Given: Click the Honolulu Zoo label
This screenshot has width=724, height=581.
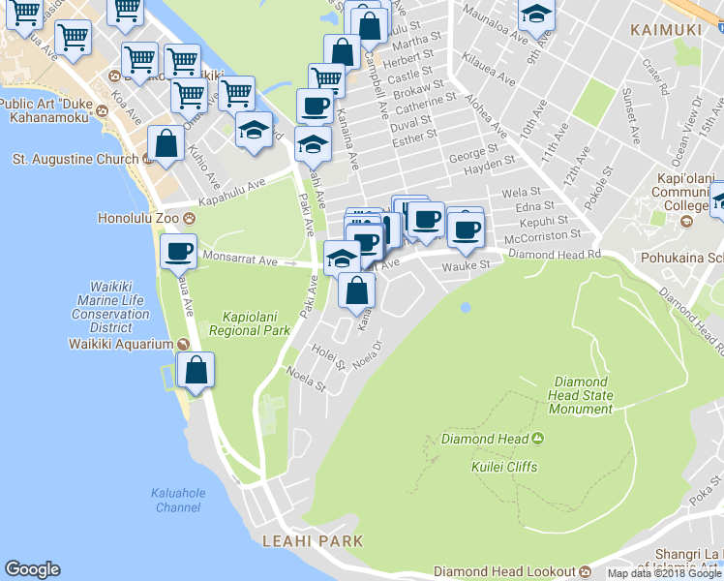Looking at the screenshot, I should [x=138, y=218].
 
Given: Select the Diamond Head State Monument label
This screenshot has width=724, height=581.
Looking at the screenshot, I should [x=580, y=396].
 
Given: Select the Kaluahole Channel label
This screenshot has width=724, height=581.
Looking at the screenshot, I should [x=178, y=500].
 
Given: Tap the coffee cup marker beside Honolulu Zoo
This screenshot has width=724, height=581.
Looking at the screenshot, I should [x=179, y=252].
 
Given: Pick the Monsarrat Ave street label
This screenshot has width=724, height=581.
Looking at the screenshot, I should [x=242, y=260].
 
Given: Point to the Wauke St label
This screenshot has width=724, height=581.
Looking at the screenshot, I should [x=462, y=266].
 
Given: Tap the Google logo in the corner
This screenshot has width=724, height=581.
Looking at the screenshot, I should [x=32, y=569].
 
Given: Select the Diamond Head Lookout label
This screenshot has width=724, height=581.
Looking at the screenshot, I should [x=504, y=571].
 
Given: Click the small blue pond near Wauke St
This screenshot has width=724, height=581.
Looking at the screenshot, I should [x=466, y=308].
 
